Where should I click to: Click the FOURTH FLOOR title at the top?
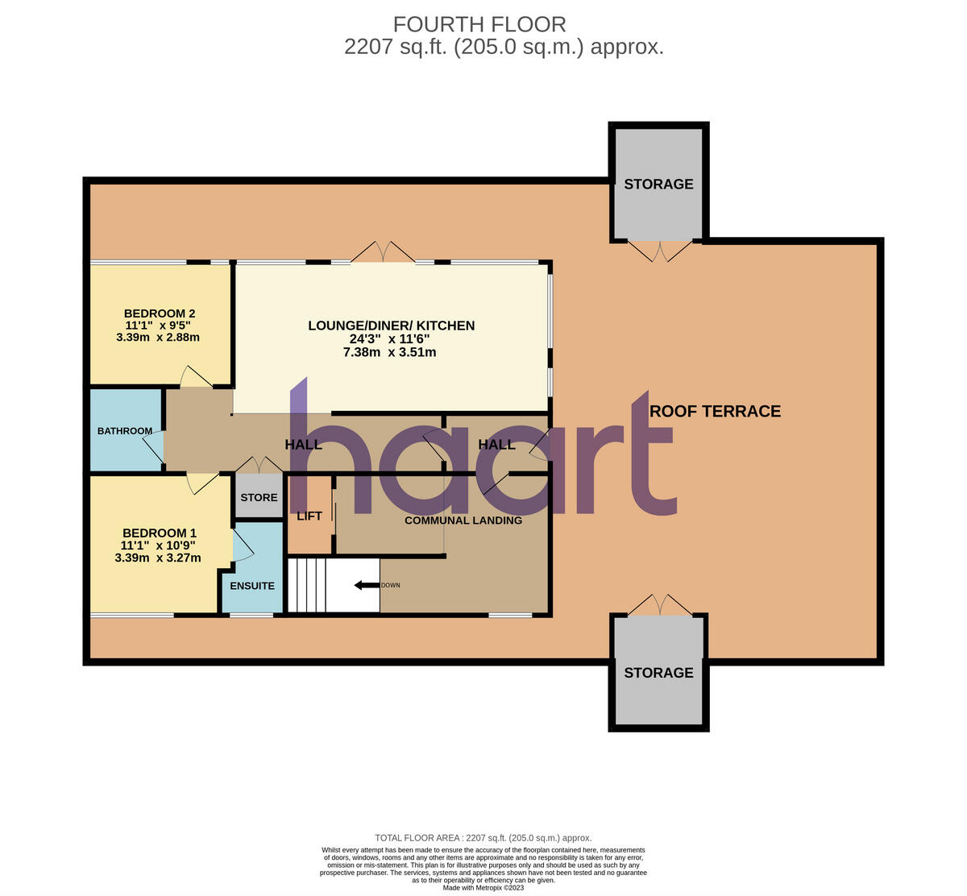coord(479,24)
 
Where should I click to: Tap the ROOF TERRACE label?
coord(715,411)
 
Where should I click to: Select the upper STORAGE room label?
coord(658,184)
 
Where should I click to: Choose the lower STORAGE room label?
coord(658,672)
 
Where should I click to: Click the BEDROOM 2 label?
coord(159,313)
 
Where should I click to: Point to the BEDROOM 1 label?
coord(159,533)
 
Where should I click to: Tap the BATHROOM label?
coord(125,431)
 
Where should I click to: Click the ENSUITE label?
coord(252,586)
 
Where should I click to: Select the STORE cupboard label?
coord(259,497)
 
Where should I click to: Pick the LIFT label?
coord(309,516)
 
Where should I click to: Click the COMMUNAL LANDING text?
coord(463,521)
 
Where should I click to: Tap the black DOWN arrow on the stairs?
coord(367,585)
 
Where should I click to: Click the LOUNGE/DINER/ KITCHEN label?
coord(391,326)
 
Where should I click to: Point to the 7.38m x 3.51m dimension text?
coord(391,352)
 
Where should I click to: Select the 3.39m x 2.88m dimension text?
coord(158,338)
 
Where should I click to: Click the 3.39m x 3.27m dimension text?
coord(158,557)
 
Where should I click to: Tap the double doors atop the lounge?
coord(384,251)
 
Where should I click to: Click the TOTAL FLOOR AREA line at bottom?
coord(483,838)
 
